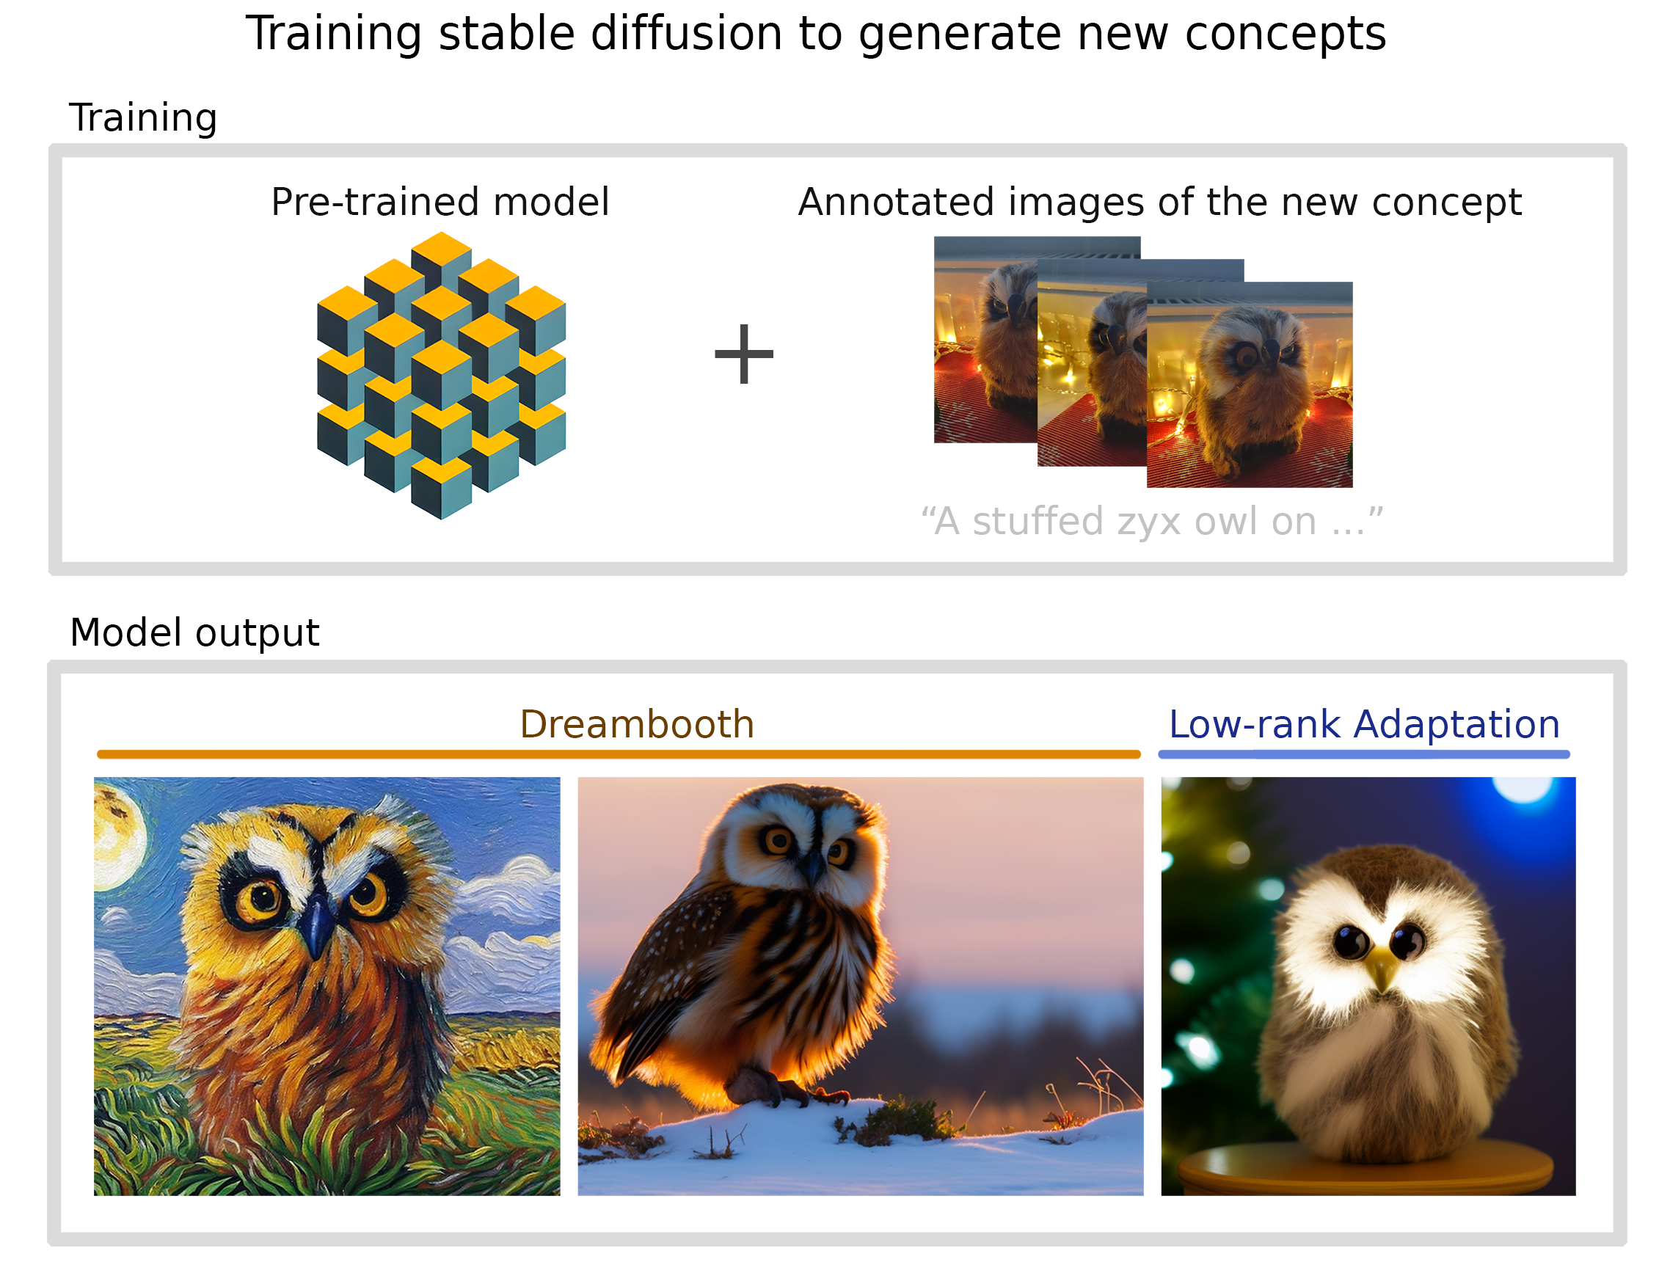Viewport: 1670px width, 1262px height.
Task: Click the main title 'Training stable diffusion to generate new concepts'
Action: point(816,34)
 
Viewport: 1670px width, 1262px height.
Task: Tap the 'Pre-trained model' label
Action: point(440,202)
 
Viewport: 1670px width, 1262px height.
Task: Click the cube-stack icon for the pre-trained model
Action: point(442,376)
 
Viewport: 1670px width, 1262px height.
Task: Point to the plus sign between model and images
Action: point(745,354)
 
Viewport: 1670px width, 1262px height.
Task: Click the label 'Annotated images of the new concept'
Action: point(1159,203)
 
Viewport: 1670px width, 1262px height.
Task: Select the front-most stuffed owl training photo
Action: point(1250,385)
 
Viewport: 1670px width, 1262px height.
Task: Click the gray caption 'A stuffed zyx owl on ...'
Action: point(1152,522)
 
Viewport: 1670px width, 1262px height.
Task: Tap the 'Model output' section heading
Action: point(194,632)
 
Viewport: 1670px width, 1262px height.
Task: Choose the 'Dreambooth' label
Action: point(637,725)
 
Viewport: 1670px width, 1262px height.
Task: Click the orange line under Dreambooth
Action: point(619,754)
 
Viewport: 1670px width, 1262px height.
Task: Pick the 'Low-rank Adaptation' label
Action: point(1364,726)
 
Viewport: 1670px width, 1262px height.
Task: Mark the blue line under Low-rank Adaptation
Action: point(1364,754)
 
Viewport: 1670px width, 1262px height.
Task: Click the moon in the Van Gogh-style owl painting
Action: point(116,834)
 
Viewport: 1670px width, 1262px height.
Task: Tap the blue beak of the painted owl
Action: point(317,924)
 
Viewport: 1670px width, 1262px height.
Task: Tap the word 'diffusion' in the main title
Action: point(686,34)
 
